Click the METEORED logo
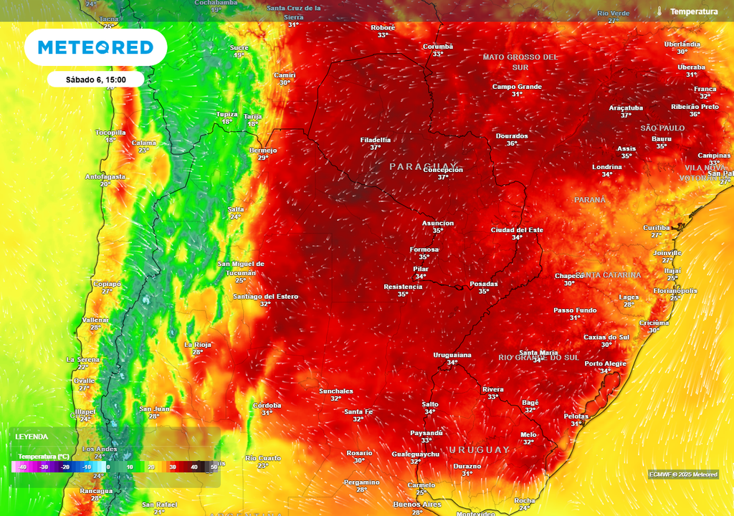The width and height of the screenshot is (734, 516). click(95, 47)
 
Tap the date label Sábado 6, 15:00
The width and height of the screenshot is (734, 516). click(95, 79)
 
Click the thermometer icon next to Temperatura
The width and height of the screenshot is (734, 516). click(658, 11)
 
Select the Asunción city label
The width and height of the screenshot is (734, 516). click(437, 223)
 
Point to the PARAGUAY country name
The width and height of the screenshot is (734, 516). click(423, 166)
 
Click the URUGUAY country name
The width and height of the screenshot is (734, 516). click(479, 449)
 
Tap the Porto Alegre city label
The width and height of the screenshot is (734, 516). click(605, 363)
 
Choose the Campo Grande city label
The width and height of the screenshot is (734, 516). click(517, 87)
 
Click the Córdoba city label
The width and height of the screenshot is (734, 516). click(267, 405)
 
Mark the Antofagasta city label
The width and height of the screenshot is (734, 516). click(105, 176)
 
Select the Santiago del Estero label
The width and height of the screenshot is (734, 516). click(265, 296)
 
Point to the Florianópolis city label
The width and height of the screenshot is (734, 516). click(675, 291)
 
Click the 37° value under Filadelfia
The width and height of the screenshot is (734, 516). click(375, 147)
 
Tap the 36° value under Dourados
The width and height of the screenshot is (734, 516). click(512, 143)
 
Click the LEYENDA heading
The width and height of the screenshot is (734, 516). click(32, 436)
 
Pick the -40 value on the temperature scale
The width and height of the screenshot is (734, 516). click(23, 467)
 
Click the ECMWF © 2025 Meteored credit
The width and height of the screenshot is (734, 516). click(683, 474)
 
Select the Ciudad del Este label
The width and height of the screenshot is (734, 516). click(516, 230)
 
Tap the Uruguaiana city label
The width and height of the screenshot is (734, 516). click(452, 355)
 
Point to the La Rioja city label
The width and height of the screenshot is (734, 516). click(197, 345)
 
